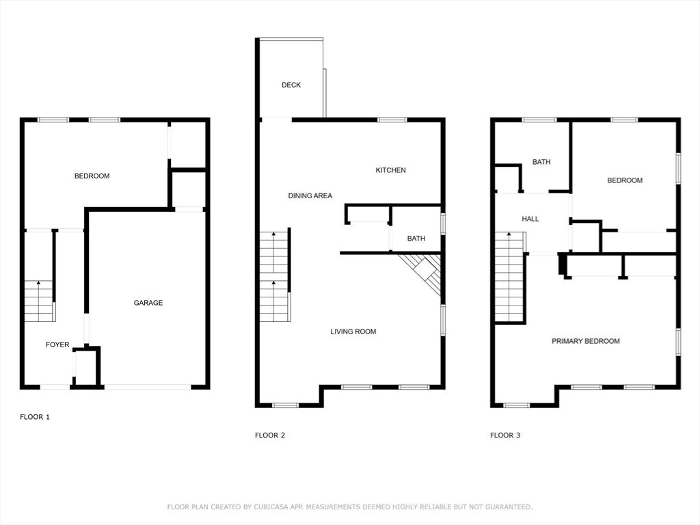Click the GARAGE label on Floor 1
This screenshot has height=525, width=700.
(148, 303)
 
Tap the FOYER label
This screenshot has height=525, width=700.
(57, 345)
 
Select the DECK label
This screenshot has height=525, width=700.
(291, 85)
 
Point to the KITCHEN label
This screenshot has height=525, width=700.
(390, 170)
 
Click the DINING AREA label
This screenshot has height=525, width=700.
(310, 196)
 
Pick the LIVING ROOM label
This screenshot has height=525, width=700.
(353, 332)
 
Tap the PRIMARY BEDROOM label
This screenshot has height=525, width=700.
(586, 341)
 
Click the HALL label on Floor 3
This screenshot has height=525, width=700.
(530, 219)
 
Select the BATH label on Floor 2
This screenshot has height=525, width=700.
(416, 239)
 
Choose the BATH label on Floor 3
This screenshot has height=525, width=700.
(541, 162)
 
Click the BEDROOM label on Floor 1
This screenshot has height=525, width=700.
(92, 176)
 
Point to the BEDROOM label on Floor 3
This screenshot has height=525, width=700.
(625, 180)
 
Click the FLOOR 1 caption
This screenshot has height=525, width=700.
(35, 417)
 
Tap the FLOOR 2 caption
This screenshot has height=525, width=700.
(270, 435)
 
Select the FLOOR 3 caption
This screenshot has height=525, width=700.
(505, 435)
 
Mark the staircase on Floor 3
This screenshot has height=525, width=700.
(509, 277)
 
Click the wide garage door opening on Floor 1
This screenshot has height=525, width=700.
(148, 387)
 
